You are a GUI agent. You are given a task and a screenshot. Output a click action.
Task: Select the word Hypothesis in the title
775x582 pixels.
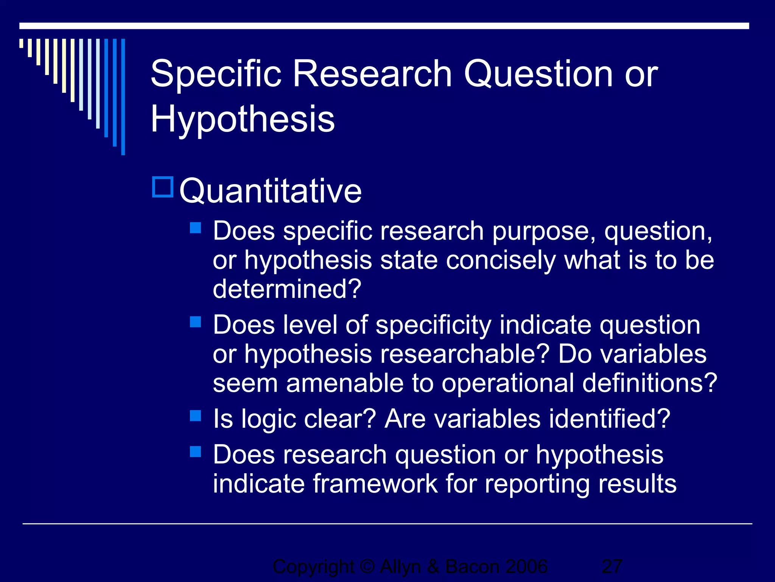click(243, 119)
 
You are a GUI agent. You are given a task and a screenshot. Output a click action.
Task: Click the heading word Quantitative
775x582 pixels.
click(271, 191)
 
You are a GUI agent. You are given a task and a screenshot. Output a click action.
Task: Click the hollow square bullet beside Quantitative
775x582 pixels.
click(163, 187)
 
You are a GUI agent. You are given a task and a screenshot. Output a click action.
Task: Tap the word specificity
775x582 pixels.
click(433, 325)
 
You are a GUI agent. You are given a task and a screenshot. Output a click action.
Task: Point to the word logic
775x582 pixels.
click(268, 419)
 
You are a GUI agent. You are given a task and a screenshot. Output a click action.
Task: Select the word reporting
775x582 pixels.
click(537, 485)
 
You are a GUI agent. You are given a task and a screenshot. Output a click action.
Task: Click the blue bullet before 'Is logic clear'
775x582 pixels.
click(195, 416)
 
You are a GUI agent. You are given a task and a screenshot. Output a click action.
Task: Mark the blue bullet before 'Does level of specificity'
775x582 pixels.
click(195, 322)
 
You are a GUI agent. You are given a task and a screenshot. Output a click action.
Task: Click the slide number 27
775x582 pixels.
click(612, 567)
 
